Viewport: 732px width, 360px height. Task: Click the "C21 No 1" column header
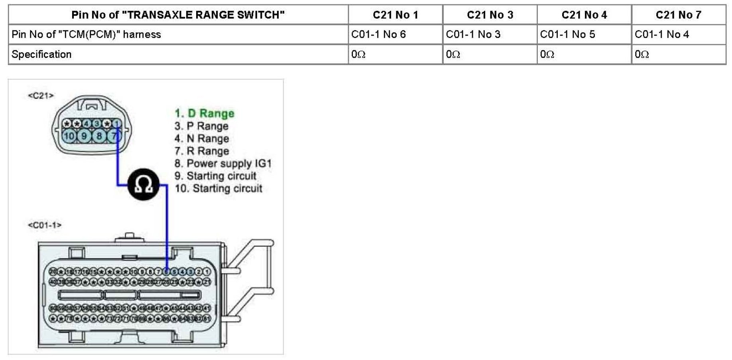[395, 15]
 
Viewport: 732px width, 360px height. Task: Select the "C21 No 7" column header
[678, 15]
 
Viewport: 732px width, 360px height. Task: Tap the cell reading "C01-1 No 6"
[378, 35]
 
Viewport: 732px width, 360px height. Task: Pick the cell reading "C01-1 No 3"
[473, 35]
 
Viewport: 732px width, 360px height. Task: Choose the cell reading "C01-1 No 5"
[567, 35]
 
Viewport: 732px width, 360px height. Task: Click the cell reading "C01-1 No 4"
[662, 35]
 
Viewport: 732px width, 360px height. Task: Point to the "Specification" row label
[41, 54]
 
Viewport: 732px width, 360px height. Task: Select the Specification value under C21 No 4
[547, 54]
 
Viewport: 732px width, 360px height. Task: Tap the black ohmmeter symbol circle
[144, 185]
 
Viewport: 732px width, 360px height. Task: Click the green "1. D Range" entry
[205, 114]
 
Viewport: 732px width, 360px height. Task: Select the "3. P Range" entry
[201, 126]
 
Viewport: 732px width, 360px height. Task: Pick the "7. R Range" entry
[202, 151]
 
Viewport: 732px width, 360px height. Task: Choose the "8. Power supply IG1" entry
[223, 163]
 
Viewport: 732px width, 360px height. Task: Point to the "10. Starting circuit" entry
[218, 189]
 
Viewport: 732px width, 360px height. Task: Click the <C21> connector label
[41, 96]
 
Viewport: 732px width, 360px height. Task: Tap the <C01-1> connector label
[45, 225]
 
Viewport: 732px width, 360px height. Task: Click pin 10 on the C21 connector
[69, 136]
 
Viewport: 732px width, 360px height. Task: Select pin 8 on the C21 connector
[99, 136]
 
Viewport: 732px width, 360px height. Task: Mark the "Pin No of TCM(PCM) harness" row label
[86, 35]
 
